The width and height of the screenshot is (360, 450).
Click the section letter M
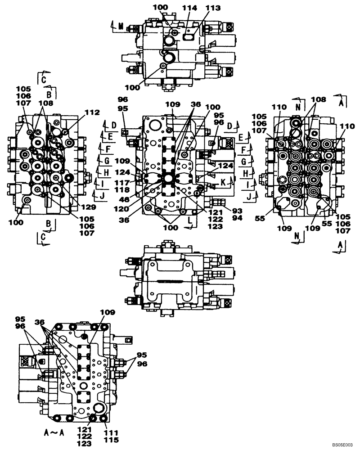coord(121,27)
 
